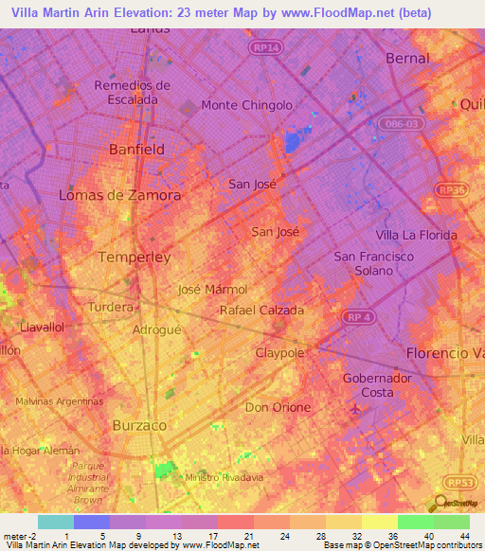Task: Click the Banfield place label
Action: [x=137, y=150]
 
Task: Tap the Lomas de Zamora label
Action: [x=119, y=195]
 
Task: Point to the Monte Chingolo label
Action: [x=246, y=105]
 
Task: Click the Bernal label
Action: [x=407, y=58]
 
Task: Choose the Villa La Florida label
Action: [x=416, y=235]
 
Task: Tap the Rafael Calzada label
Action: [x=261, y=310]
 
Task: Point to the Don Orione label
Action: [x=278, y=407]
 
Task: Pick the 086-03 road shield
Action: [x=400, y=123]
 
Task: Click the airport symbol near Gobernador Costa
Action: [x=354, y=409]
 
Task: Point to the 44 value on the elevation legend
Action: [x=465, y=536]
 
